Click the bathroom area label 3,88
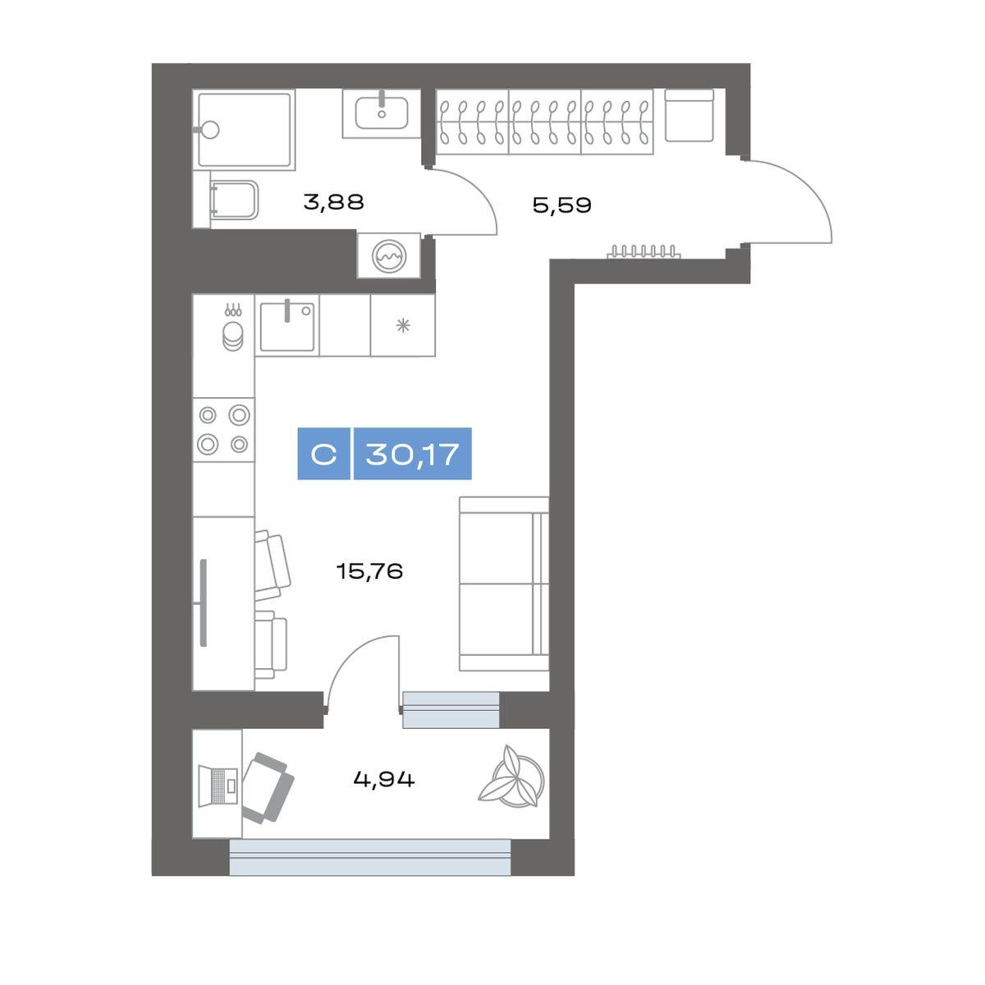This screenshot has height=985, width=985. [333, 202]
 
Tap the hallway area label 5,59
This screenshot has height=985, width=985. [561, 205]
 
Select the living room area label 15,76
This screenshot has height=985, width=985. [369, 570]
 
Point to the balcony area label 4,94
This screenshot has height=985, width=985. [384, 780]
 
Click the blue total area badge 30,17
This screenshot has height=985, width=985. [413, 453]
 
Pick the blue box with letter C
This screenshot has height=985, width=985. [323, 453]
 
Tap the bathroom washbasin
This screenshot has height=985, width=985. [382, 113]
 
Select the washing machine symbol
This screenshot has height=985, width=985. [389, 256]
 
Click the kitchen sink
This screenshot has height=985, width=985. [286, 325]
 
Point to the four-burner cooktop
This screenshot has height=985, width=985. [223, 429]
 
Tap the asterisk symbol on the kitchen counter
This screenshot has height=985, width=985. [403, 326]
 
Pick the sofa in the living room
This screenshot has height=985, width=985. [503, 584]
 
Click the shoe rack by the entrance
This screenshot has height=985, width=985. [644, 251]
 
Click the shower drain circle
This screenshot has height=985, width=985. [210, 130]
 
